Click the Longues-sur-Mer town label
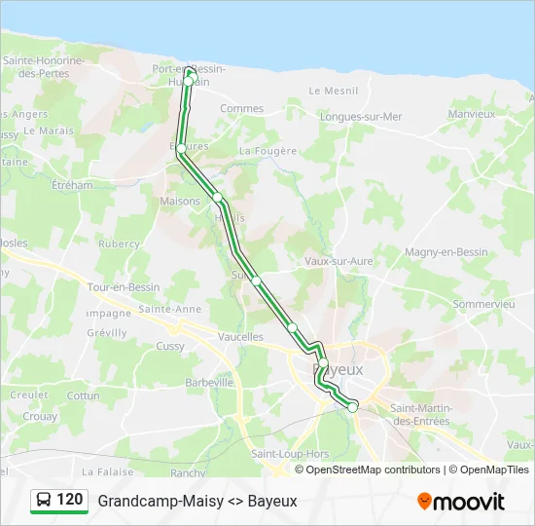pos(361,117)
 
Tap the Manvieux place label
pos(472,114)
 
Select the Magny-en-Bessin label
pos(446,252)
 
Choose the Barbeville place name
pos(209,383)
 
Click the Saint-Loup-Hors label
pos(290,454)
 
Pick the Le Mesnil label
pos(334,91)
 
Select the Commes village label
pos(242,109)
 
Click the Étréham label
pos(71,184)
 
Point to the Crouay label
pos(39,415)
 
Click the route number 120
pos(69,500)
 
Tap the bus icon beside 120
pos(45,501)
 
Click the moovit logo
pos(461,502)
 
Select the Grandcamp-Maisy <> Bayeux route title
pos(197,502)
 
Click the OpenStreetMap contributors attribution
pos(373,470)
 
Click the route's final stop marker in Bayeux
pos(353,407)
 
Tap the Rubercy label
pos(120,244)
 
